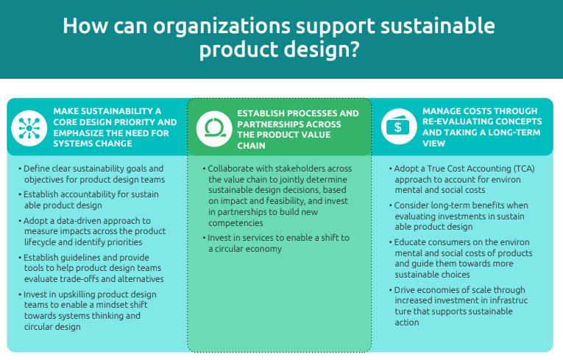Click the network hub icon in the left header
click(x=29, y=128)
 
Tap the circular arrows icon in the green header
click(x=214, y=129)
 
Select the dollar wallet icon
click(x=399, y=127)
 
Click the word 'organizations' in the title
click(x=222, y=26)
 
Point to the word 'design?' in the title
click(x=322, y=49)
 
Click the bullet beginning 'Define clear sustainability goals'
click(x=92, y=174)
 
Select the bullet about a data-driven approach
click(x=92, y=231)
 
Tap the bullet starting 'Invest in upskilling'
click(x=88, y=311)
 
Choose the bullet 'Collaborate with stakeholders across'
click(x=277, y=195)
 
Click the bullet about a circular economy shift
click(x=276, y=243)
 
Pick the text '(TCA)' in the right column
click(x=524, y=169)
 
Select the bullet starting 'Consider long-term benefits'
click(x=458, y=216)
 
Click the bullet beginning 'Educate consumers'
click(x=461, y=258)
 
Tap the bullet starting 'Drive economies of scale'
click(x=458, y=306)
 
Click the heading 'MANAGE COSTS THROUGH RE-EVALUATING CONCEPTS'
click(x=482, y=127)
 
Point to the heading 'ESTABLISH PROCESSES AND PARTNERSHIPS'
click(x=297, y=130)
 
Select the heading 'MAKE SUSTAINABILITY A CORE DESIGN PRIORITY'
click(x=115, y=127)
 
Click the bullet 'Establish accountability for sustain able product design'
click(x=89, y=200)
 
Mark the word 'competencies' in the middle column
click(x=236, y=223)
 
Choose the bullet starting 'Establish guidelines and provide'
click(x=91, y=268)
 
